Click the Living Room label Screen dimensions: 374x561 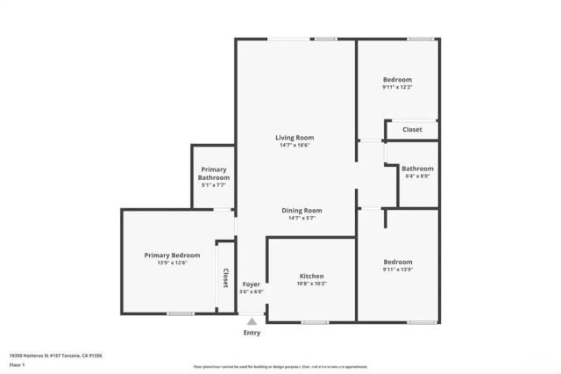(x=295, y=137)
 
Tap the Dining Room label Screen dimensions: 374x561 (x=302, y=210)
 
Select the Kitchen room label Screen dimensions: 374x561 (x=312, y=276)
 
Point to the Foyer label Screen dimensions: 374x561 (x=251, y=284)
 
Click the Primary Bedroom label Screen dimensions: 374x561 (x=172, y=255)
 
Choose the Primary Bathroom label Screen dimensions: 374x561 (x=214, y=173)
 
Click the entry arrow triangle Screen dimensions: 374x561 (x=252, y=321)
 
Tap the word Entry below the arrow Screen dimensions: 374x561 (x=252, y=333)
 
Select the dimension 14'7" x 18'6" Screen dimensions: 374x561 (x=295, y=145)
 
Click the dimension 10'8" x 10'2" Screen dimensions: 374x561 (x=312, y=284)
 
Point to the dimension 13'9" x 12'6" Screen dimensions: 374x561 (x=172, y=263)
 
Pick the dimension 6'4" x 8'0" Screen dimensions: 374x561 (x=417, y=176)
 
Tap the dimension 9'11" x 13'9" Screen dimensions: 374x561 (x=397, y=270)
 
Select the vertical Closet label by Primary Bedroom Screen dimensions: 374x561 (x=225, y=279)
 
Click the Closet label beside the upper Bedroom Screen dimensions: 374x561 (x=412, y=130)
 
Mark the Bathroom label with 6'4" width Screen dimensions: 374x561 (x=417, y=168)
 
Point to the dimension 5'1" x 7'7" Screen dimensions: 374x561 (x=214, y=184)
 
